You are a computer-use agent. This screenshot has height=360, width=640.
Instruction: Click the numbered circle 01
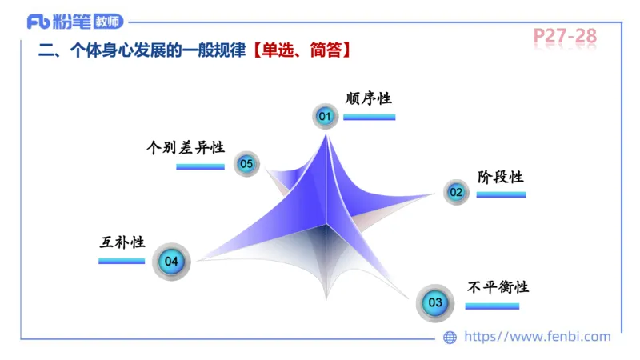325,117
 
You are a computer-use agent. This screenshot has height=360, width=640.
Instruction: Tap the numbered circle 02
456,192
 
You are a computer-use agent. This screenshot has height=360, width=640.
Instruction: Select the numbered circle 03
434,303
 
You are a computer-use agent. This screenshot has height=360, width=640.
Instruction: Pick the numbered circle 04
171,261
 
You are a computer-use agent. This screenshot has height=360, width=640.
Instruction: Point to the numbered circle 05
246,165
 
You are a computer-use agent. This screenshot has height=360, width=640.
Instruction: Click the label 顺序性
368,98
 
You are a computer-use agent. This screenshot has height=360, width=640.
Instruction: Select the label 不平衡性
498,287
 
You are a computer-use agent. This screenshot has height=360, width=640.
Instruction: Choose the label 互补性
122,242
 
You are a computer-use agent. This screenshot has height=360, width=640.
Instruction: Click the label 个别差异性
186,148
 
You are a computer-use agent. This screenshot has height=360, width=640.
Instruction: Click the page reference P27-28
565,36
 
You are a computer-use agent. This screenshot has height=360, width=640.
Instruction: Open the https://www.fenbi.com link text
538,337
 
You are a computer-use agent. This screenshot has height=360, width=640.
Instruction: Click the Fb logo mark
37,21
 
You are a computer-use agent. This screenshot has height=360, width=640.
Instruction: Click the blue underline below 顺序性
369,118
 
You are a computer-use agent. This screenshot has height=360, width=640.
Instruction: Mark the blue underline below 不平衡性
492,306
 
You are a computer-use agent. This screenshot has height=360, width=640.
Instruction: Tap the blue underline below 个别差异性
200,166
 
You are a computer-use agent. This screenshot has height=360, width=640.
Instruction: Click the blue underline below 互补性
122,261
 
